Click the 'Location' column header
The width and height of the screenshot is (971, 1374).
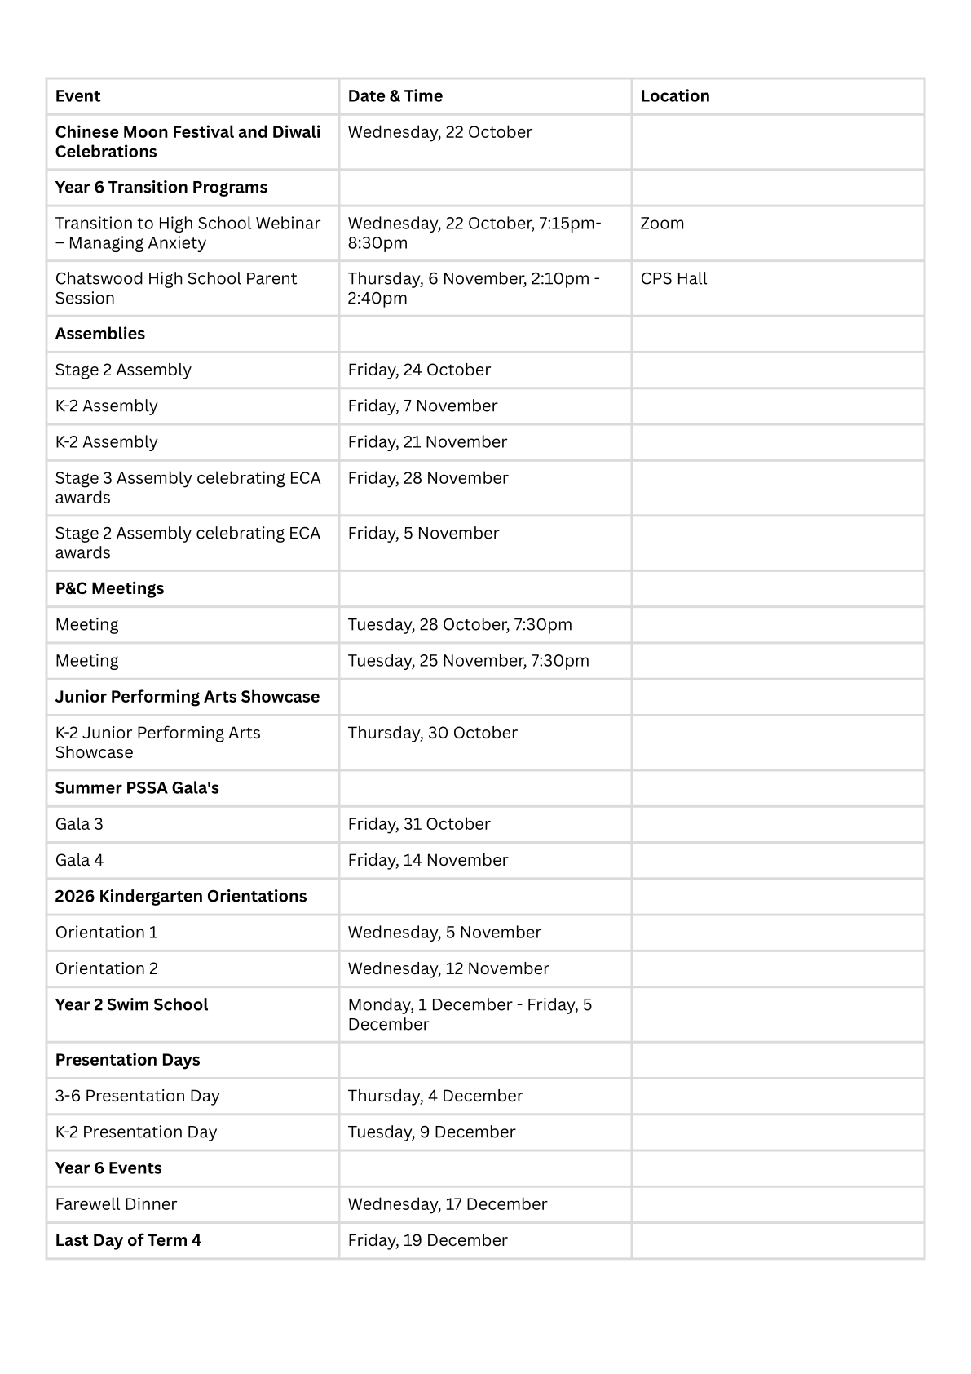tap(674, 96)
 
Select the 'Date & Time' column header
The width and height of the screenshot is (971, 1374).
tap(395, 96)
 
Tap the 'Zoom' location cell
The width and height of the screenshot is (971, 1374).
tap(662, 224)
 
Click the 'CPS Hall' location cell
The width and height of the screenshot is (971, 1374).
tap(673, 279)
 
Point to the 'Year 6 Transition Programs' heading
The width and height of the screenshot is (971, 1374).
tap(161, 188)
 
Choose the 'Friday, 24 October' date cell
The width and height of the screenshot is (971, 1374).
tap(419, 370)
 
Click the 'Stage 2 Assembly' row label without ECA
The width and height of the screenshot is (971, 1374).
tap(123, 370)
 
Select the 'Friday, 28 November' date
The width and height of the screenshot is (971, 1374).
tap(427, 478)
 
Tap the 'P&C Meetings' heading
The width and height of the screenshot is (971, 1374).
tap(109, 589)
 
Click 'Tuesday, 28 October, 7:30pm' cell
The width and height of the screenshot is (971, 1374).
tap(460, 625)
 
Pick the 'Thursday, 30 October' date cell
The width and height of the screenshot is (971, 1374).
tap(432, 734)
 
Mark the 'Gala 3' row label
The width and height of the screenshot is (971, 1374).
tap(79, 824)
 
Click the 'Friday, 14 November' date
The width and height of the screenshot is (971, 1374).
tap(427, 861)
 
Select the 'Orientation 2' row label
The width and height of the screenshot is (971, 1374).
tap(106, 969)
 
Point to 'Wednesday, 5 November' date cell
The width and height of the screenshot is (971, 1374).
tap(444, 933)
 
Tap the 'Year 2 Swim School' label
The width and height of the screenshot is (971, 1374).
tap(131, 1005)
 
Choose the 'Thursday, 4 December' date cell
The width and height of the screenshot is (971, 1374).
tap(435, 1097)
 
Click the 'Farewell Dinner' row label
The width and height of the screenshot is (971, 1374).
tap(116, 1204)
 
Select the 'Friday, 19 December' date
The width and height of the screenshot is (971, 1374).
tap(427, 1241)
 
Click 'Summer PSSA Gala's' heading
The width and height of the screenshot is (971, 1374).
tap(137, 788)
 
